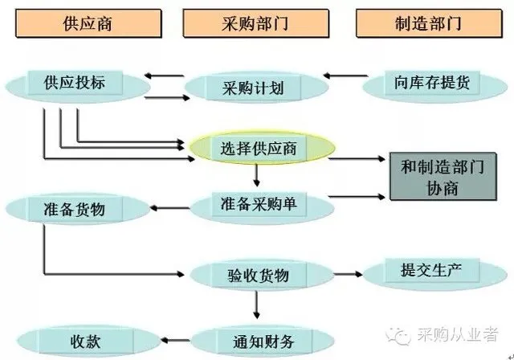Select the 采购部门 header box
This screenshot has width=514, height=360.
click(x=255, y=23)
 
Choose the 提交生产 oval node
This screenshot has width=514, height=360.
click(x=422, y=268)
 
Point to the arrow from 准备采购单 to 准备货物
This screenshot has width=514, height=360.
click(x=169, y=210)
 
